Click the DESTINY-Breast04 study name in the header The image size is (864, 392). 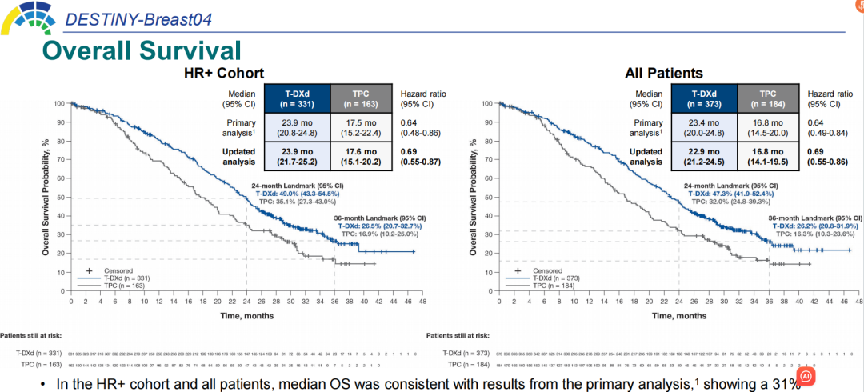point(138,18)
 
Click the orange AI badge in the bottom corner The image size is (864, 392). point(806,375)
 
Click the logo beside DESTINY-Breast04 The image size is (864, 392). point(26,16)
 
